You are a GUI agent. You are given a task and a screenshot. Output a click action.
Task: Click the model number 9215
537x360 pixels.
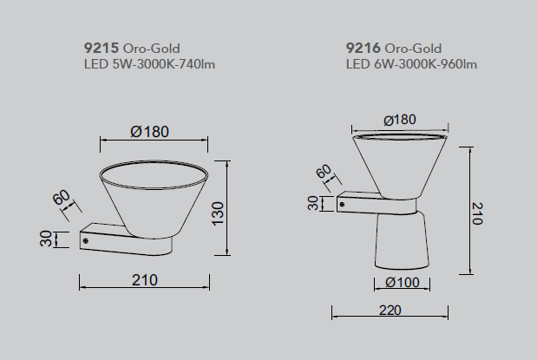[102, 48]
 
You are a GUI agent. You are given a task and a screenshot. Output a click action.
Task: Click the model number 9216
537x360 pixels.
[363, 48]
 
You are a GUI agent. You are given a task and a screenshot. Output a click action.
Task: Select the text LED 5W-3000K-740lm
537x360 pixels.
[150, 64]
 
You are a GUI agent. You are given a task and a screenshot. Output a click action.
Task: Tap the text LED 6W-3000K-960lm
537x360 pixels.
[411, 64]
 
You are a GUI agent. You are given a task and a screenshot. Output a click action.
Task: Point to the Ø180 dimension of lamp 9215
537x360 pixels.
[150, 132]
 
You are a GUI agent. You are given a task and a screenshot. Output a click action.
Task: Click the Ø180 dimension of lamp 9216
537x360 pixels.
[400, 120]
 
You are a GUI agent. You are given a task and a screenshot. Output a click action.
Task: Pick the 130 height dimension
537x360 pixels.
[218, 213]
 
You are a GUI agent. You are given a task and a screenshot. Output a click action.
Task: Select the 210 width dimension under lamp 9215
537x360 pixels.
[145, 280]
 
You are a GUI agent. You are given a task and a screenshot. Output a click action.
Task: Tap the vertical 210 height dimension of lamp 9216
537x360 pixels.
[477, 213]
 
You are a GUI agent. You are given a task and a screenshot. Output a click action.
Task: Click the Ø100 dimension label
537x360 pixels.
[402, 283]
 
